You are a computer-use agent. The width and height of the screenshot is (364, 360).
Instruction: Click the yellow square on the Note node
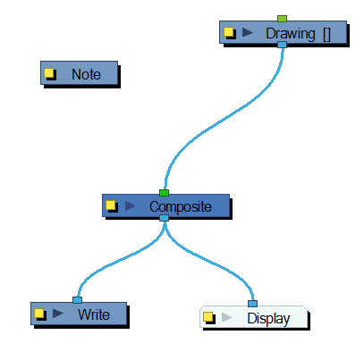point(50,74)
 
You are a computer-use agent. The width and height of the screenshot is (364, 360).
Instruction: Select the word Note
point(86,74)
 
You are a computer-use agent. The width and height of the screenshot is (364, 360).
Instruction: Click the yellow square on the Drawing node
point(229,33)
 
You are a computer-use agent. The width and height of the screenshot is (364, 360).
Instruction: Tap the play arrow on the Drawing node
point(248,33)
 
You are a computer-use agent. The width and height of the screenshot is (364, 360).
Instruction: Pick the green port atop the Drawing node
point(282,19)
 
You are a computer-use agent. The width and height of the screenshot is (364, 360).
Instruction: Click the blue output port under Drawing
point(282,45)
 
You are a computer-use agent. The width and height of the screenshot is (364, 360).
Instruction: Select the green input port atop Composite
point(164,192)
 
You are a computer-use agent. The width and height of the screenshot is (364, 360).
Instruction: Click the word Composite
point(181,206)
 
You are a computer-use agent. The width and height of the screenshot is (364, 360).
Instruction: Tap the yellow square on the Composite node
point(111,206)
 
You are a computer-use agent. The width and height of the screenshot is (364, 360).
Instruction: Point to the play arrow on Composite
point(130,206)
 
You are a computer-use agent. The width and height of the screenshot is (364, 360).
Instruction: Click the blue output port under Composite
point(164,218)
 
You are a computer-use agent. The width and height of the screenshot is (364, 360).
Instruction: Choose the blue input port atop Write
point(77,300)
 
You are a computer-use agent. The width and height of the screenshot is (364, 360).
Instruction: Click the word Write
point(93,314)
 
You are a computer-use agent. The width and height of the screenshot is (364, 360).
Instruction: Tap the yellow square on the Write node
point(39,314)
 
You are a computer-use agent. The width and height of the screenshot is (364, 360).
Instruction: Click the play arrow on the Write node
point(58,314)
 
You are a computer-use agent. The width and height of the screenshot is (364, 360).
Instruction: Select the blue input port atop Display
point(252,304)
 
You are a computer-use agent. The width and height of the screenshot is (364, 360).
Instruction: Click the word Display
point(268,318)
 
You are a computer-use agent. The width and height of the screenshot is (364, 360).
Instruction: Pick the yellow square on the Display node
point(207,318)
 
